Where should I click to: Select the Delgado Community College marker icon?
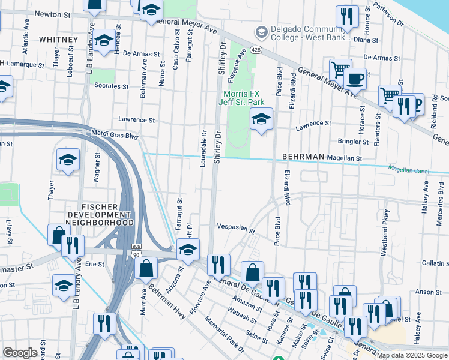click(x=261, y=31)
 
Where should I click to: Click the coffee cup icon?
click(x=355, y=79)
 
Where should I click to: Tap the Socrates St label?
click(x=111, y=86)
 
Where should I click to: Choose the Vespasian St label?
click(x=236, y=230)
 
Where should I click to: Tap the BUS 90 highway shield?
click(x=137, y=251)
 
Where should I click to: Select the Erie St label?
click(x=95, y=263)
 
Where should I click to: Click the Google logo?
click(x=20, y=353)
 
